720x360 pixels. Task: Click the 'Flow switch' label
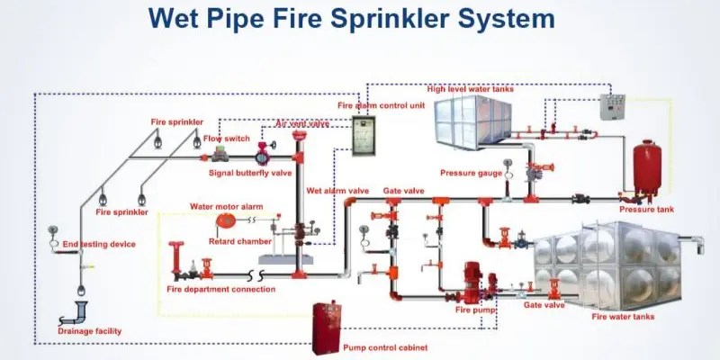coord(226,139)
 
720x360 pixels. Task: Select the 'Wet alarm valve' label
coord(337,191)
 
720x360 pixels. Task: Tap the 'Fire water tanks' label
coord(623,317)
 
